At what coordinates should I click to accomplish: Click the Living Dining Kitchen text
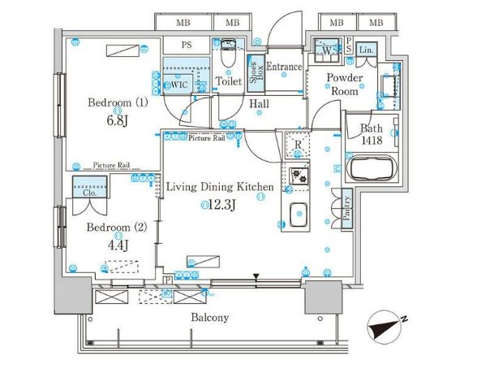pyautogui.click(x=219, y=187)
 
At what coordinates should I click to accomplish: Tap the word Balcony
pyautogui.click(x=210, y=318)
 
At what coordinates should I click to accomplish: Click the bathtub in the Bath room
pyautogui.click(x=369, y=171)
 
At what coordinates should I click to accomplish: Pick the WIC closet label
pyautogui.click(x=178, y=84)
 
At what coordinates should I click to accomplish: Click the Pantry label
pyautogui.click(x=346, y=207)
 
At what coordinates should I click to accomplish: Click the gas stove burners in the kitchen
pyautogui.click(x=297, y=176)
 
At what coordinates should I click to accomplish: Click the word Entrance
pyautogui.click(x=284, y=67)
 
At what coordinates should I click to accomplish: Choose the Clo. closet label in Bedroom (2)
pyautogui.click(x=89, y=193)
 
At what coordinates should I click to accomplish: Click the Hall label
pyautogui.click(x=260, y=104)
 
